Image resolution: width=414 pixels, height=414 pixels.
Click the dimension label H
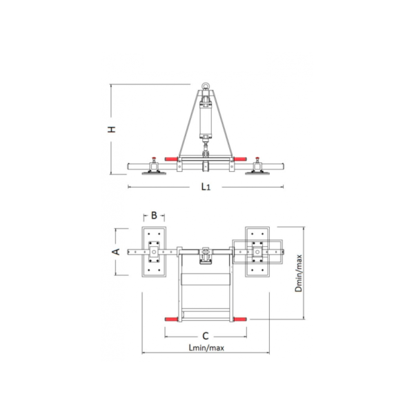pyautogui.click(x=112, y=130)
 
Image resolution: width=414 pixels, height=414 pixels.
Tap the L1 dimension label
pyautogui.click(x=206, y=187)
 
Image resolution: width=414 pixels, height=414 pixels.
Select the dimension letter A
pyautogui.click(x=116, y=252)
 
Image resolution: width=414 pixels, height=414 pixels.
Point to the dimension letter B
pyautogui.click(x=154, y=216)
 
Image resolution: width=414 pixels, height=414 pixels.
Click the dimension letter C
pyautogui.click(x=206, y=336)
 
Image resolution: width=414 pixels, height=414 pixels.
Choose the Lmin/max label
pyautogui.click(x=206, y=348)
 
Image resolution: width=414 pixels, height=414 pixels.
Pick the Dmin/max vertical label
pyautogui.click(x=299, y=273)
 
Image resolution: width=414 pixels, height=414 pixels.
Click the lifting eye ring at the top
pyautogui.click(x=206, y=86)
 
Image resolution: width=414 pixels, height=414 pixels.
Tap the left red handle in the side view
pyautogui.click(x=171, y=159)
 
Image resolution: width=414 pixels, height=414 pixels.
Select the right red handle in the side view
pyautogui.click(x=240, y=159)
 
